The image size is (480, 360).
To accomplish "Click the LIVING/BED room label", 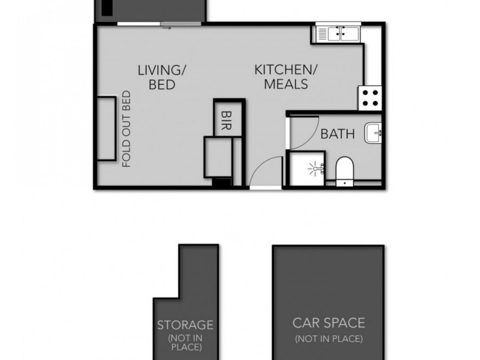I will coord(162,77).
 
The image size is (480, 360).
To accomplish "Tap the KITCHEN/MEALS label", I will coord(281,77).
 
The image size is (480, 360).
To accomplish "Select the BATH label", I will coord(337,134).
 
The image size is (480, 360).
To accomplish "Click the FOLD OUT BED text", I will coord(127,129).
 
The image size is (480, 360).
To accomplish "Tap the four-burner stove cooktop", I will coord(370,97).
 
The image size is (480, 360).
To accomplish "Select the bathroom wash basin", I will coord(374,133).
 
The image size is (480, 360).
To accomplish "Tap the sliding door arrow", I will coord(167,28).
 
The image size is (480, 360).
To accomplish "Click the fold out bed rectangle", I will coord(106,129).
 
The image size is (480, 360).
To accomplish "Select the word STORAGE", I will coord(185,325).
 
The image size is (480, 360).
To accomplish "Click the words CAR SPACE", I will coord(328,323).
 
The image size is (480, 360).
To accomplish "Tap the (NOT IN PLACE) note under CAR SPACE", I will coord(328,339).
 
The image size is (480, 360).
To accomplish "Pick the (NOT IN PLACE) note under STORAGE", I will coord(185,343).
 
